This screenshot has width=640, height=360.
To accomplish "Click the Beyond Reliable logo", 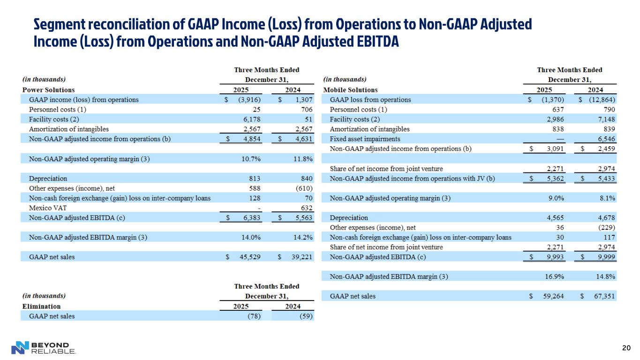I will click(x=43, y=347).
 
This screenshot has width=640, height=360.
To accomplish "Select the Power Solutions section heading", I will click(x=49, y=90).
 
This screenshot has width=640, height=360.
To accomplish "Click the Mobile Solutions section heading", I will click(x=350, y=90).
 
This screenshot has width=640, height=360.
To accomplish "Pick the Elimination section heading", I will click(x=42, y=306).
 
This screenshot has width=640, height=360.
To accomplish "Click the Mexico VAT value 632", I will click(x=306, y=208).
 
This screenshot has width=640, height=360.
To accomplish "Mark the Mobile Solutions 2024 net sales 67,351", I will click(x=603, y=296).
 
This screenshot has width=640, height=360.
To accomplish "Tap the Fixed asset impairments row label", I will click(x=365, y=139).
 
